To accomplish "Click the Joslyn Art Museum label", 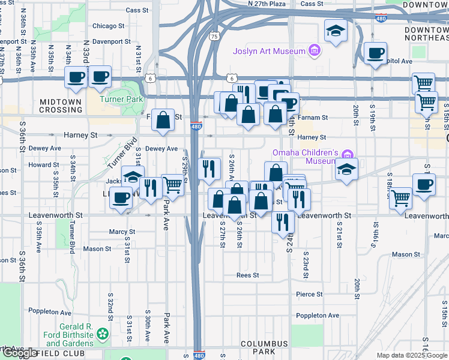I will coord(270,51).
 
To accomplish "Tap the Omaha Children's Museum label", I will coord(305,157).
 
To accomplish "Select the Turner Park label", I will coord(121,98).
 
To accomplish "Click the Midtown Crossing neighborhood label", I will coord(60,106).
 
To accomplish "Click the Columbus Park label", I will coord(264,348).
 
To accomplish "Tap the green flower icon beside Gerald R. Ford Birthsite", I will coord(104,333).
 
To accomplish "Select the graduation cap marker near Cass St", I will coord(336,31).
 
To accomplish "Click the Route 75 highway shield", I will coord(214,37).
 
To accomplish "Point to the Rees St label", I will coord(247,275).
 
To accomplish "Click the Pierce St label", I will coord(309,295).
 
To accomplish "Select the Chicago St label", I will coord(108,26).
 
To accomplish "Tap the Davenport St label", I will coord(108,41).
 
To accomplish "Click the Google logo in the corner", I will coord(19,353).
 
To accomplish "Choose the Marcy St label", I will coord(122,232).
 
